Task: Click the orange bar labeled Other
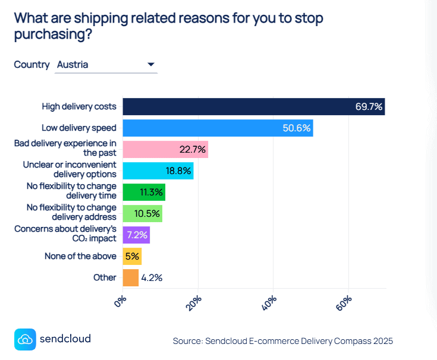130,277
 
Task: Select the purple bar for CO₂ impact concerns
136,235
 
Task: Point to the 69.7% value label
369,108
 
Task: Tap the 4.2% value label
152,277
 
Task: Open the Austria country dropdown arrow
150,64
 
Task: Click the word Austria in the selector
73,64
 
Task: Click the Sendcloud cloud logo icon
24,339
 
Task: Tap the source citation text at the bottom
282,341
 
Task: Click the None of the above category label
80,256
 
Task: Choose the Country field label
32,64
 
